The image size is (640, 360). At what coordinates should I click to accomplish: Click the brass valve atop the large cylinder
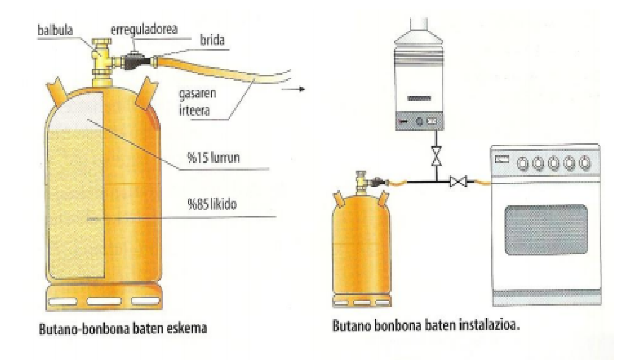coord(101,59)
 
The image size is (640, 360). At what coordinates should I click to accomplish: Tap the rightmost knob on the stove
coord(583,163)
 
